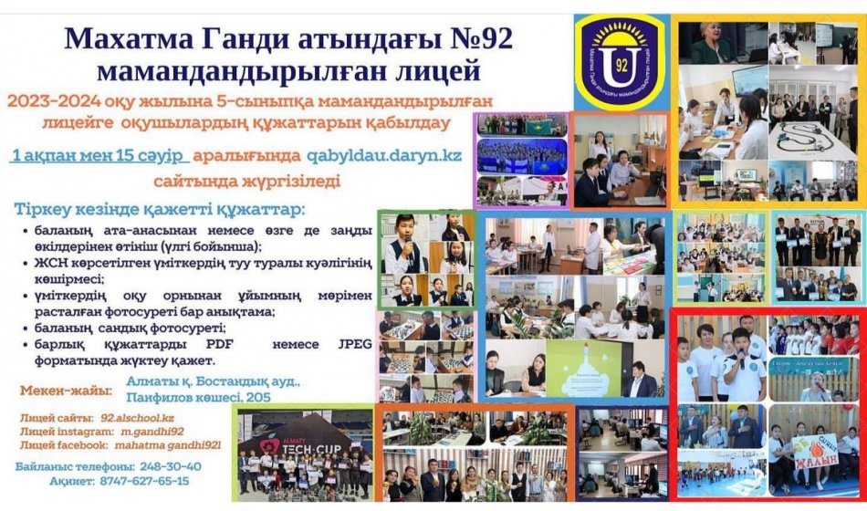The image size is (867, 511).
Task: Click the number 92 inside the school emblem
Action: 621,66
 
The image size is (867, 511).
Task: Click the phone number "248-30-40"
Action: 172,465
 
